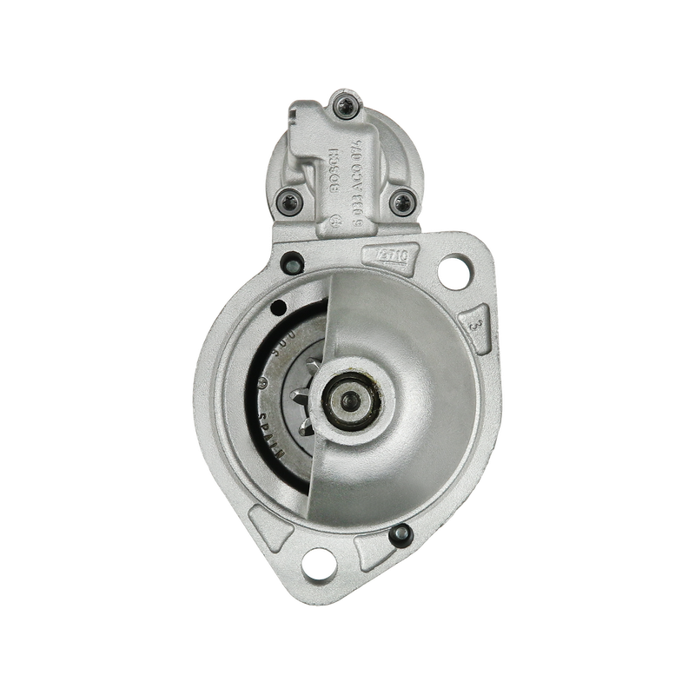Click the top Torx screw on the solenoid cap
(342, 108)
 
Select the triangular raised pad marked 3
(474, 323)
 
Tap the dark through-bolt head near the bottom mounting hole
(400, 535)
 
